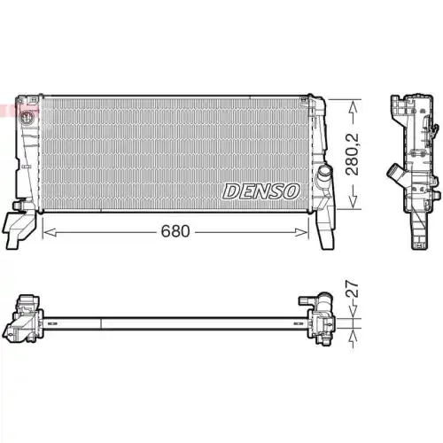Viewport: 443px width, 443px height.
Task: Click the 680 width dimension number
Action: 175,231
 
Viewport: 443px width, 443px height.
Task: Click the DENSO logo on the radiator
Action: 261,190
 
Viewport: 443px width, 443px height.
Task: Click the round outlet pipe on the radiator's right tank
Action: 324,170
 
